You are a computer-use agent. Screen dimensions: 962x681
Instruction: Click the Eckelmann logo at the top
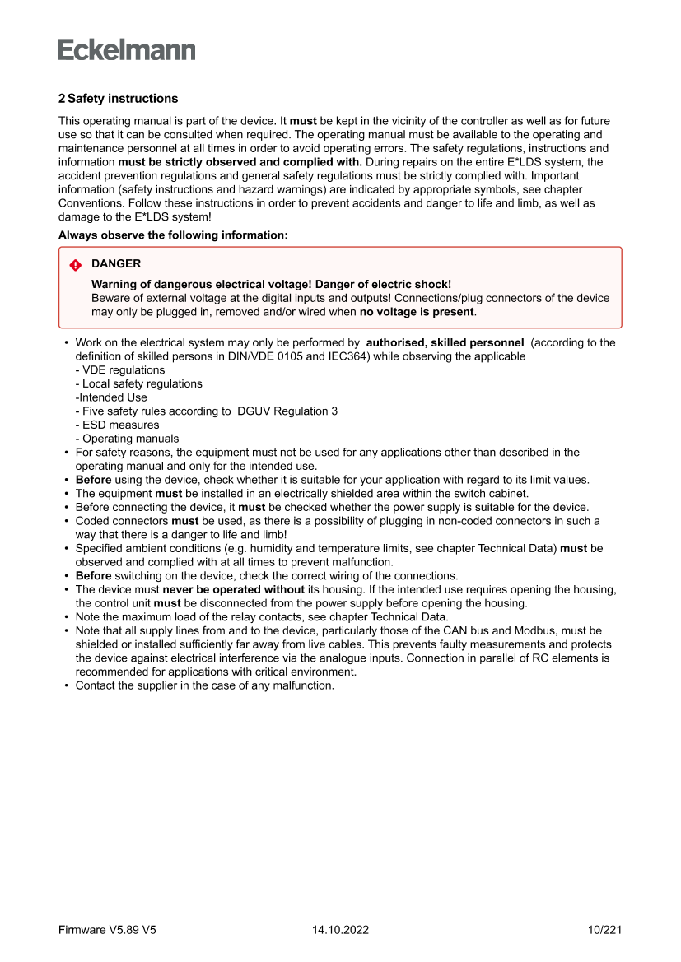(x=127, y=49)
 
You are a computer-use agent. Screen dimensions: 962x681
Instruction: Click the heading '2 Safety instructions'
(x=118, y=99)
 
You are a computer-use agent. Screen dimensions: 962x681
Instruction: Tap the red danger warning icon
(x=75, y=265)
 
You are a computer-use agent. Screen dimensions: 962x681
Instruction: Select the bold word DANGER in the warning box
(x=116, y=264)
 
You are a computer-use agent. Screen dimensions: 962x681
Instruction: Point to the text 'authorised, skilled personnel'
(x=445, y=342)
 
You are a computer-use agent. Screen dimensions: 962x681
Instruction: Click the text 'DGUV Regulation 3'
(x=287, y=411)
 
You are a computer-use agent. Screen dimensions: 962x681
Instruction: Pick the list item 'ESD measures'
(x=120, y=425)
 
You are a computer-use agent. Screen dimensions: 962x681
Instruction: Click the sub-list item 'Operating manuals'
(x=130, y=439)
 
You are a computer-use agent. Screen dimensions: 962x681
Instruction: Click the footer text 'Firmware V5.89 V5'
(x=107, y=930)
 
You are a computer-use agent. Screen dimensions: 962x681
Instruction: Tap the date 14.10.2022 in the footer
(x=340, y=930)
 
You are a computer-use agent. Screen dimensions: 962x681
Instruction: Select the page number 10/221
(x=604, y=930)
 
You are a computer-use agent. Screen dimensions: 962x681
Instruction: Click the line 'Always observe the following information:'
(x=173, y=235)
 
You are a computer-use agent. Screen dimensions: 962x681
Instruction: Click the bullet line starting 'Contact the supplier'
(x=204, y=685)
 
